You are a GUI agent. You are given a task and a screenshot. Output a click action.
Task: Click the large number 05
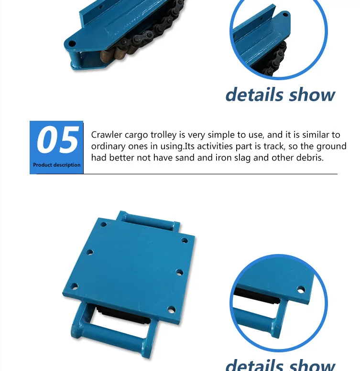(57, 140)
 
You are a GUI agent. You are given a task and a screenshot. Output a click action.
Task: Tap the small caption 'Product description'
(56, 165)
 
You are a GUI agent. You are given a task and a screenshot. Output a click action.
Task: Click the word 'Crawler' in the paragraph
(107, 135)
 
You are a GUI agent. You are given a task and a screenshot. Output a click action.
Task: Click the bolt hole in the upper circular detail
(285, 14)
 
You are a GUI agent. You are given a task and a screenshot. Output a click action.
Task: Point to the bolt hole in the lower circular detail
(301, 289)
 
